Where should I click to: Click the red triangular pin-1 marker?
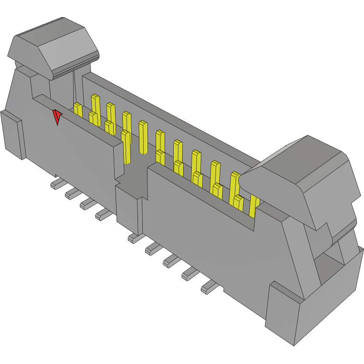point(57,117)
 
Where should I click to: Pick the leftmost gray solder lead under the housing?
point(57,184)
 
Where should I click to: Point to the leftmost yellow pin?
point(78,110)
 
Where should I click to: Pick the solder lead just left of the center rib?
point(103,215)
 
